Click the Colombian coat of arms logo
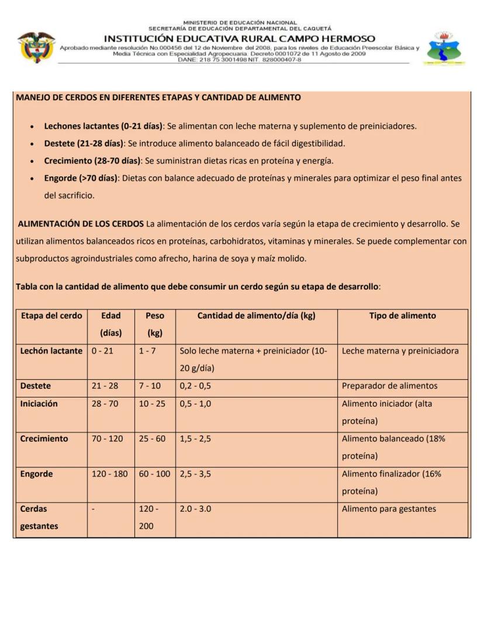coord(36,47)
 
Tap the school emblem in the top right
coord(444,48)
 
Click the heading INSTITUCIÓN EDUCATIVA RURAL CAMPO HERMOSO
coord(240,39)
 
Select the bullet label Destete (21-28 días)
coord(84,143)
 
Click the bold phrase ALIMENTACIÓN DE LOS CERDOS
coord(81,224)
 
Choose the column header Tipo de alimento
coord(402,316)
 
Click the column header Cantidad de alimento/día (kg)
coord(256,316)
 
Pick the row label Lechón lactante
coord(51,351)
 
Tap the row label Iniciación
coord(39,403)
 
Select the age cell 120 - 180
coord(109,474)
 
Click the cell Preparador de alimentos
coord(389,386)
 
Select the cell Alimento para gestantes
coord(389,509)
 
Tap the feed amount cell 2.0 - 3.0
coord(196,509)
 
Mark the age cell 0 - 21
coord(102,351)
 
